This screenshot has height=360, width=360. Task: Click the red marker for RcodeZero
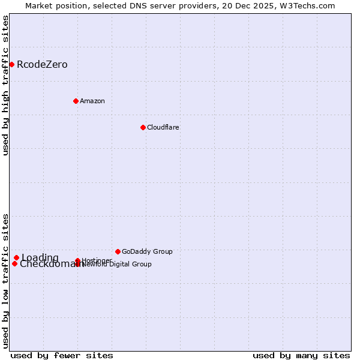click(11, 64)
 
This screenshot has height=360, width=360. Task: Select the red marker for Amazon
click(76, 101)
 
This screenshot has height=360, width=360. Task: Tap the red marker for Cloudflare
click(143, 127)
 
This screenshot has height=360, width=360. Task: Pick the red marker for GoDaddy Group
click(118, 251)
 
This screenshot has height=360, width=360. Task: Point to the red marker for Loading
click(16, 258)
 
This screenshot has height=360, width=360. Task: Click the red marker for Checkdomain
click(14, 263)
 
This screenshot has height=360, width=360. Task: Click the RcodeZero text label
click(42, 65)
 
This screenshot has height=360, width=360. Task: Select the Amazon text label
click(92, 101)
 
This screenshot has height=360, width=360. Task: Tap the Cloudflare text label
click(163, 127)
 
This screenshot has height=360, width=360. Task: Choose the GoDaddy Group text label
click(147, 251)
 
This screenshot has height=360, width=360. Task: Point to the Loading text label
click(40, 258)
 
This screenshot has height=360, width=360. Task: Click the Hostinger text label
click(97, 260)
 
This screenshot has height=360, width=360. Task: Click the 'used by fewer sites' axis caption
click(62, 355)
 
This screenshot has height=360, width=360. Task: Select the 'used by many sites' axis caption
click(301, 355)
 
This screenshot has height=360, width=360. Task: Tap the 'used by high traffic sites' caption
click(6, 85)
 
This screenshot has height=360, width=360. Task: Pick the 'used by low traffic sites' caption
click(6, 280)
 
